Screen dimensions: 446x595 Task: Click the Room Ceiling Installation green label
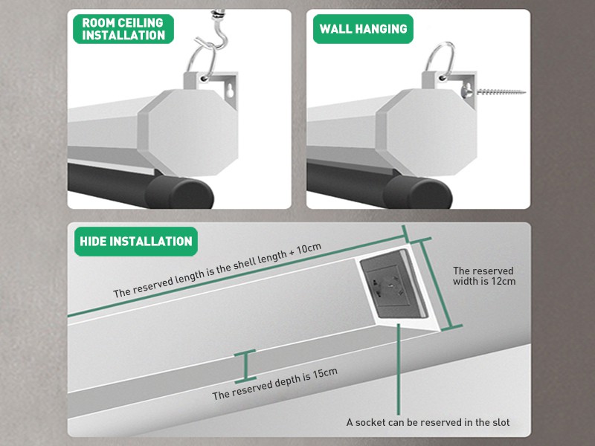[x=123, y=28]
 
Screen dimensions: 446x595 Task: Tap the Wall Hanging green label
[x=363, y=29]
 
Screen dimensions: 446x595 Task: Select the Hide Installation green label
[x=135, y=241]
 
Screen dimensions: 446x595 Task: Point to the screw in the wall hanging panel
[x=499, y=94]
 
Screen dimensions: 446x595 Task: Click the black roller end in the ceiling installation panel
[x=178, y=192]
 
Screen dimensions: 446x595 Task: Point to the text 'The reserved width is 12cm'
[x=483, y=276]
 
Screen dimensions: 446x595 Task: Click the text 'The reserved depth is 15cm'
[x=274, y=393]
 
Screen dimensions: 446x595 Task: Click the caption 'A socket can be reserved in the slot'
[x=428, y=422]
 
